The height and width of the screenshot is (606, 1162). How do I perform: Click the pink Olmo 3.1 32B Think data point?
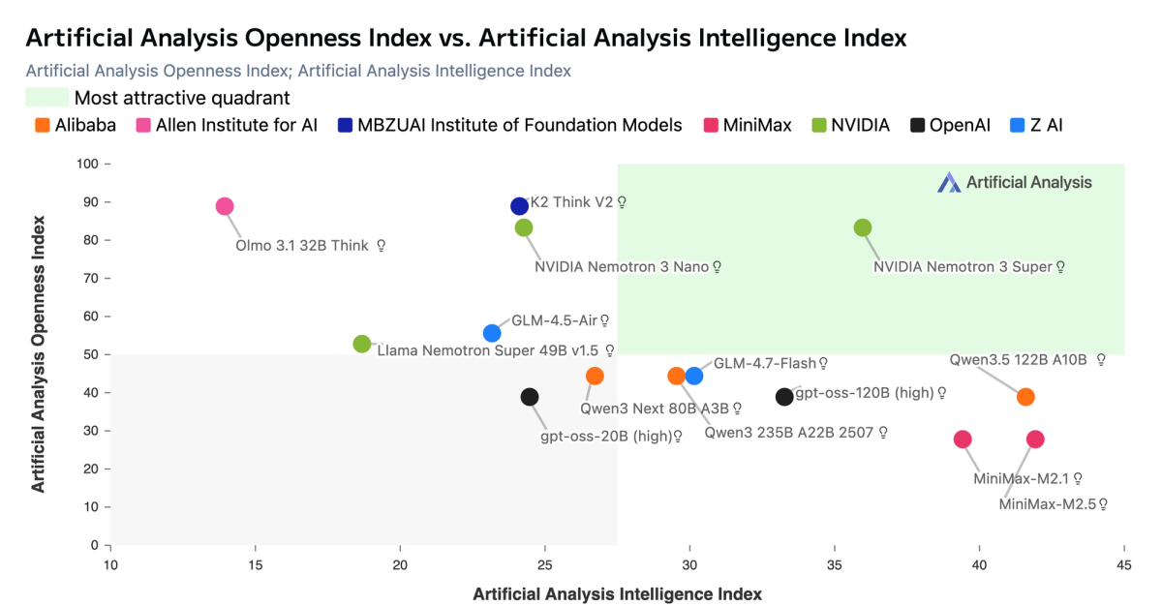point(225,206)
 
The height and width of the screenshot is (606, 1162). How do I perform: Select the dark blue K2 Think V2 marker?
point(519,206)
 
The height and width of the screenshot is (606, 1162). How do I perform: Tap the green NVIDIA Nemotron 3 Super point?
point(863,227)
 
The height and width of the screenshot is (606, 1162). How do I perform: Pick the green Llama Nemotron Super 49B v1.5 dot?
point(362,344)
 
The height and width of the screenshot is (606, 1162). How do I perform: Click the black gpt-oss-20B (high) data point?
point(530,397)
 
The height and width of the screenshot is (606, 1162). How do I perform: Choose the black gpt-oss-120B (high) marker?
point(784,397)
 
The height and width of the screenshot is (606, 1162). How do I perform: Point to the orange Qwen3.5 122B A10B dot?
point(1025,397)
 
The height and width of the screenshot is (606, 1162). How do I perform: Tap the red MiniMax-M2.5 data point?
point(1035,439)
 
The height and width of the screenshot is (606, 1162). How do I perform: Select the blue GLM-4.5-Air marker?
point(492,333)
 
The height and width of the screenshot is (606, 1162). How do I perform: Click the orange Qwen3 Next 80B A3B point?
point(595,376)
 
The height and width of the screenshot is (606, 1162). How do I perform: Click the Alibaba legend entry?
point(75,125)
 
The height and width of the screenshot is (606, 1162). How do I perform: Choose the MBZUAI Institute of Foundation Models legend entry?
point(509,125)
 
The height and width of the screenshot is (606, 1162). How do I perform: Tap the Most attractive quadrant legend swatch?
point(46,98)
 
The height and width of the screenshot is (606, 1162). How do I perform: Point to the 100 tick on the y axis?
point(88,165)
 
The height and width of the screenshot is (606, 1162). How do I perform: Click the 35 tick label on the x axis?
point(835,565)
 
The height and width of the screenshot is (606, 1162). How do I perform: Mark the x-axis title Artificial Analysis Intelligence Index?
point(617,593)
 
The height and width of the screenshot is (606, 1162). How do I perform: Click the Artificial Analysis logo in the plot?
point(1015,182)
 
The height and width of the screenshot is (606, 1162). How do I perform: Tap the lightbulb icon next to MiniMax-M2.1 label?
point(1078,478)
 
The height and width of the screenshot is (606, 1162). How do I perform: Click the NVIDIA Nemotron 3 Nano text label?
point(622,266)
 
